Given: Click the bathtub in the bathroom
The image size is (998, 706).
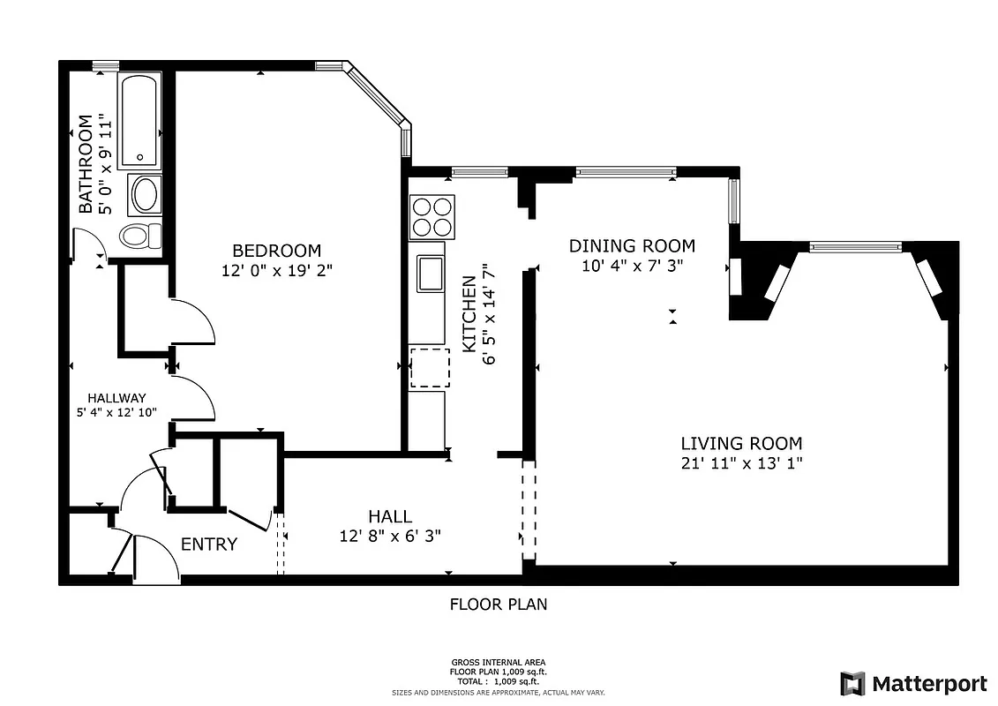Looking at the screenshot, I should pos(139,122).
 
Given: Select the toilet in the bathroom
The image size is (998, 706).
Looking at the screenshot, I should pos(141,235).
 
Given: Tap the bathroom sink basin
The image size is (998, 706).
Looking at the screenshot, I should pos(144,194).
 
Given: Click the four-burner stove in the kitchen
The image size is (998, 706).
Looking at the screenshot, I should pos(431,217).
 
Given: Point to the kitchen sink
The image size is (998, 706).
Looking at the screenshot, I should pos(431,274).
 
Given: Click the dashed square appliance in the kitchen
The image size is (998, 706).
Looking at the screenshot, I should pos(430,368).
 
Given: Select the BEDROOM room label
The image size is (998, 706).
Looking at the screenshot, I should pos(276,251).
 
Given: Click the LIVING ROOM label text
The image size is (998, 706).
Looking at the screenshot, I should pos(741,444).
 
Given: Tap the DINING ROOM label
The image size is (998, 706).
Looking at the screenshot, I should pos(632,246).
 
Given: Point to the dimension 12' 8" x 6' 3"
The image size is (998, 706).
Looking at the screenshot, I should pos(390,536).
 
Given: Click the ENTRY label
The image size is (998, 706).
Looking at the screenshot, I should pos(209,545).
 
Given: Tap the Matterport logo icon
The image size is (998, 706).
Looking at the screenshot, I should pos(852,684).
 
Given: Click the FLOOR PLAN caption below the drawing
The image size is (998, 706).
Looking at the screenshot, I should pos(499,605).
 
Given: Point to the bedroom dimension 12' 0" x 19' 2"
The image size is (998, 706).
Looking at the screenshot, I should pos(276,271).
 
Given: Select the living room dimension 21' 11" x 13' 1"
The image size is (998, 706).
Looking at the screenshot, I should pos(741,463).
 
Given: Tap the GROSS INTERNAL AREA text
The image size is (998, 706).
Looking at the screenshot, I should pos(499,662).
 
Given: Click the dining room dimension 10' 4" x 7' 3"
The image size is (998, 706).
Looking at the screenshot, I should pos(632,266).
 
